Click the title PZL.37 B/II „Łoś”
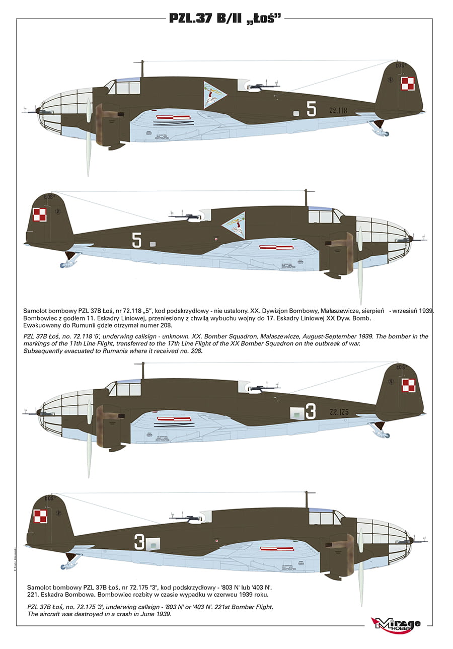point(225,19)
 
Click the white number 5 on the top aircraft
point(312,108)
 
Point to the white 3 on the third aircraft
point(311,412)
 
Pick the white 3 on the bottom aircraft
point(139,542)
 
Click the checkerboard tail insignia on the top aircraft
point(407,84)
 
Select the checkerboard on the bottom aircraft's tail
point(40,516)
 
